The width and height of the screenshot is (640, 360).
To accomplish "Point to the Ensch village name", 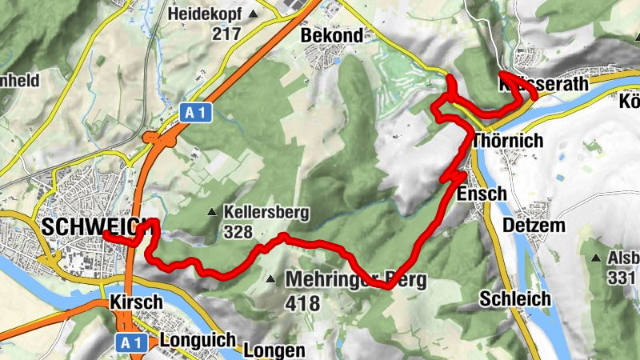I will tap(482, 194).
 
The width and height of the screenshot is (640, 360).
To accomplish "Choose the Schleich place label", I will tap(515, 298).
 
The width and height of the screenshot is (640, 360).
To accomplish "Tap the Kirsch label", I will tap(137, 302).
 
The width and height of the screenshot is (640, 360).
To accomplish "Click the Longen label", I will tap(274, 350).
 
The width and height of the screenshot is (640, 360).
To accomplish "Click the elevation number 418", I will tap(302, 304).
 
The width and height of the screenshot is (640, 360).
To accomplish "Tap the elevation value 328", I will tap(238, 233).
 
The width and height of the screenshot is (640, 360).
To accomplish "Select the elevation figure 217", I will tap(227, 34).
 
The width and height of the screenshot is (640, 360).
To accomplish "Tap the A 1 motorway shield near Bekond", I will tap(194, 113).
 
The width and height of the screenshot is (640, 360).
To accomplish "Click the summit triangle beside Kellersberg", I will tap(212, 213).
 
